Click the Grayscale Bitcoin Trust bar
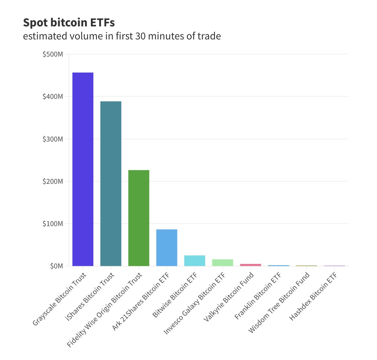(83, 169)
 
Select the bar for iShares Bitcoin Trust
(111, 183)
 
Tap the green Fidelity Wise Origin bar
(139, 218)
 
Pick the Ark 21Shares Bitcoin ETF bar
(167, 247)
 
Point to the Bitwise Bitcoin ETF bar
(195, 260)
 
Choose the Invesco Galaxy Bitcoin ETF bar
(223, 262)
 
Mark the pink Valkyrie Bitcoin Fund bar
(250, 265)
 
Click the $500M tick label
(53, 54)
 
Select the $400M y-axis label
(53, 96)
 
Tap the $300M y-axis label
(53, 139)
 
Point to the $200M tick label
(53, 181)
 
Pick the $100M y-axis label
(53, 224)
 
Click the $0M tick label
(56, 266)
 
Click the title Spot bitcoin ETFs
(69, 23)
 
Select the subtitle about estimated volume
(122, 36)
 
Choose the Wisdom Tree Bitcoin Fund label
(279, 302)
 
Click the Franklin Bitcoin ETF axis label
(258, 296)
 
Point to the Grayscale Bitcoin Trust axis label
(59, 299)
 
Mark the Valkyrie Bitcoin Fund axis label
(229, 297)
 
